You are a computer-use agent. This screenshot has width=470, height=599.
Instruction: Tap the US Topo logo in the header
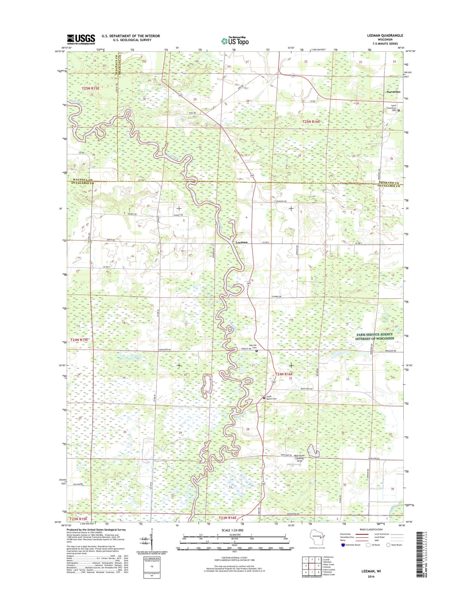235,41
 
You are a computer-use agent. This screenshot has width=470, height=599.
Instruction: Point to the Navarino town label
393,92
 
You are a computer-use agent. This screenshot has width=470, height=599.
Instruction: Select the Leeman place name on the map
241,242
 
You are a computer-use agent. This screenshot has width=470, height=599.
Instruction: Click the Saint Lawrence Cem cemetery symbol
398,111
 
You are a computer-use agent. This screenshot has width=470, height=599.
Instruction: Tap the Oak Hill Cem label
253,347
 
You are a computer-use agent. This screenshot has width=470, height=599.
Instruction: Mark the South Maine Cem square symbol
264,398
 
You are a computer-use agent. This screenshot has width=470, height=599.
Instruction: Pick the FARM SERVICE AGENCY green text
374,334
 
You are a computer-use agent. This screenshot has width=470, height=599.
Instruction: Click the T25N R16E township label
311,121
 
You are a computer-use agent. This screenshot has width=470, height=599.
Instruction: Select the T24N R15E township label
79,339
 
